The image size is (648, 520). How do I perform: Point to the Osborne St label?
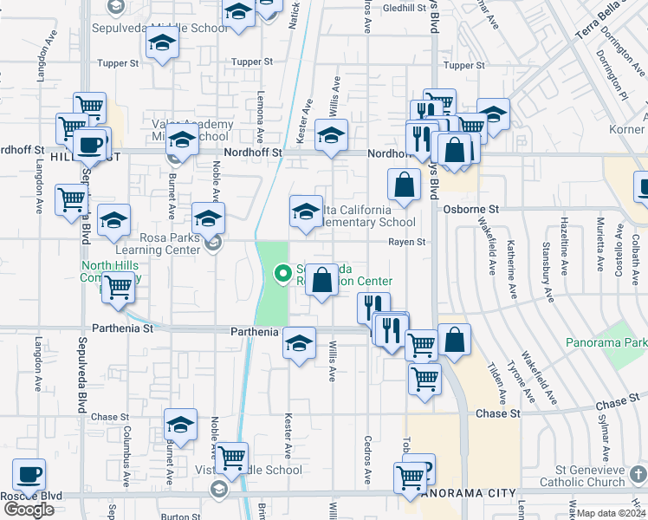click(471, 210)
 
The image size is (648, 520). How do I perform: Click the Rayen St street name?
click(406, 243)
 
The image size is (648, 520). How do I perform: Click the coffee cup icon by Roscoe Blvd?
click(29, 474)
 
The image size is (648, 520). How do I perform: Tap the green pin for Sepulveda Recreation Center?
click(282, 275)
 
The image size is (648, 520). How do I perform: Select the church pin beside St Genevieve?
click(638, 474)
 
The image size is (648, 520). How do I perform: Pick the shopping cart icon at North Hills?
click(118, 286)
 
